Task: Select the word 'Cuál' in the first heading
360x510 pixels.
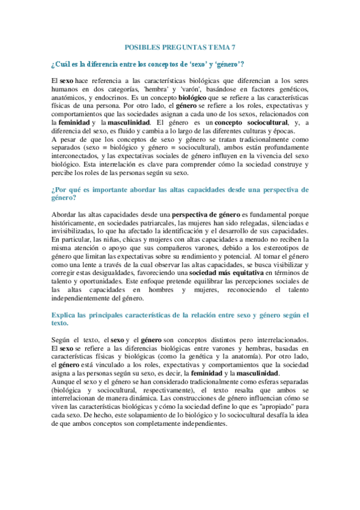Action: (x=63, y=64)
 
